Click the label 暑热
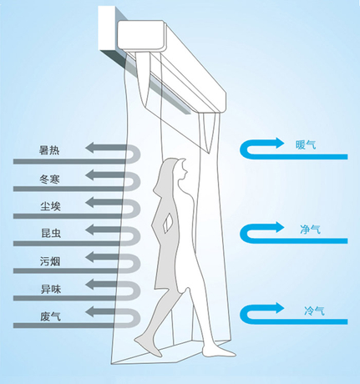point(50,150)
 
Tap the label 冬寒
point(50,179)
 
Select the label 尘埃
point(50,206)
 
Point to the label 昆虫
point(51,233)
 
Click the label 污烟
point(50,261)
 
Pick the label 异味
point(51,289)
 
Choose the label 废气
point(50,316)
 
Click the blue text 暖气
point(306,144)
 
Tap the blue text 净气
point(310,230)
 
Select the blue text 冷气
point(314,311)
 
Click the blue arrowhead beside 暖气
point(280,143)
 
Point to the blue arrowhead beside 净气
point(280,227)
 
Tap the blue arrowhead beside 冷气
point(280,308)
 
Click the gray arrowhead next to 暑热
point(89,148)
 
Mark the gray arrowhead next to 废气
point(89,312)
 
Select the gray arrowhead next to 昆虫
point(89,230)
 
